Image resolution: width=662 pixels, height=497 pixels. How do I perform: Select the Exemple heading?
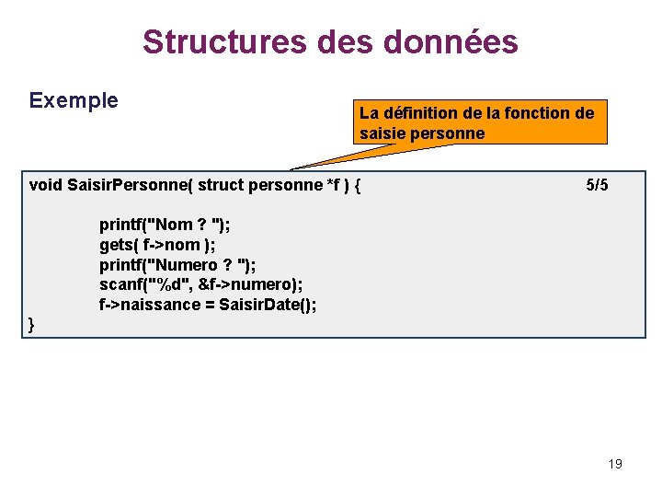[x=74, y=100]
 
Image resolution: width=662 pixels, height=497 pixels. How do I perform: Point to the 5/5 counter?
[x=597, y=185]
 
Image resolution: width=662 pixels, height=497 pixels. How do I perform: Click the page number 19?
[x=615, y=464]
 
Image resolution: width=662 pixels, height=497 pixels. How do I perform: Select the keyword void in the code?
[x=46, y=185]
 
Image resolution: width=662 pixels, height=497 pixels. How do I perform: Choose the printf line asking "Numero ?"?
[x=177, y=265]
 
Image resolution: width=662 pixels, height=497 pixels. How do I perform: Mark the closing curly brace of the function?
[x=32, y=324]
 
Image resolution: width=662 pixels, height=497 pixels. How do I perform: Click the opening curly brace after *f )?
[x=357, y=185]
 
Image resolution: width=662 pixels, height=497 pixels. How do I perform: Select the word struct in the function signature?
[x=221, y=185]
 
